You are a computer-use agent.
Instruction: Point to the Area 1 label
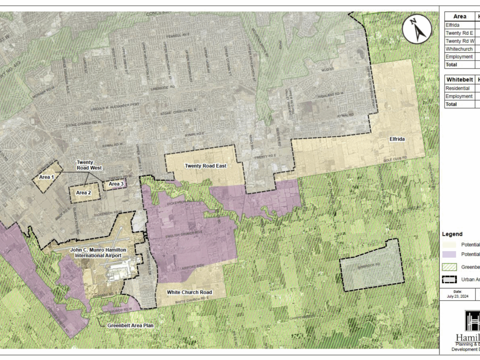46,176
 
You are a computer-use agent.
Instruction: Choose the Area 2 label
84,193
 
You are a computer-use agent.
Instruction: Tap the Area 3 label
116,184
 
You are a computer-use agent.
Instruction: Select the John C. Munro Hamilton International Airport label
98,252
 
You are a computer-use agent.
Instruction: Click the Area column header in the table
460,17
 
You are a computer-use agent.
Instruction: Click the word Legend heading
452,234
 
